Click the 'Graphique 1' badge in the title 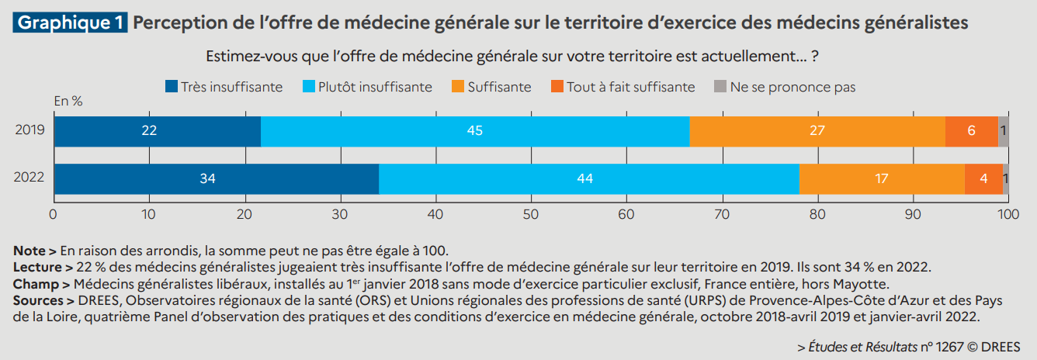[x=70, y=22]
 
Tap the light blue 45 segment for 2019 [x=474, y=131]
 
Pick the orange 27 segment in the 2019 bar [x=817, y=131]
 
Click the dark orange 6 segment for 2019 [x=971, y=131]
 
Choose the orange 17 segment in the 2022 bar [x=882, y=179]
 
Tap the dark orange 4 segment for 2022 [x=983, y=179]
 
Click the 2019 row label [x=29, y=131]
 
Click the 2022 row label [x=29, y=179]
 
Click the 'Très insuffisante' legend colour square [x=172, y=87]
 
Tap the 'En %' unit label [x=68, y=101]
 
